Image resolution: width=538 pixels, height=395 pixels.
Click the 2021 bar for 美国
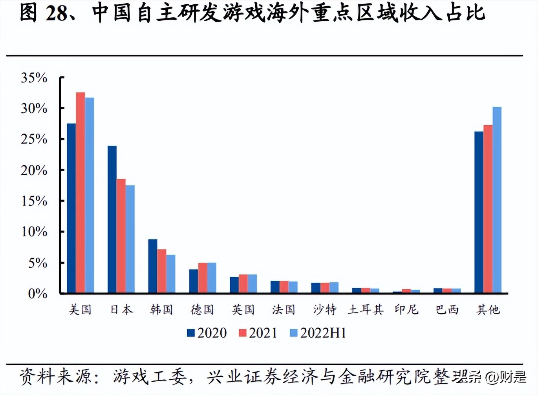coord(81,192)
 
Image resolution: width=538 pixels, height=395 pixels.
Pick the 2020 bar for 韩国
coord(153,266)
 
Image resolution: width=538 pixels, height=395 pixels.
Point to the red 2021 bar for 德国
coord(203,278)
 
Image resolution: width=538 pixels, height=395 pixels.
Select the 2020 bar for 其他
coord(479,212)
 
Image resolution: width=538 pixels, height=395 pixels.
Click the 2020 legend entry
coord(207,333)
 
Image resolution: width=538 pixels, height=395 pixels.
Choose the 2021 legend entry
coord(258,333)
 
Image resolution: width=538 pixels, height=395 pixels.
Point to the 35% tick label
coord(34,78)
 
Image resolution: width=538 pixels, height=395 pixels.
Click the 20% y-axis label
coord(34,170)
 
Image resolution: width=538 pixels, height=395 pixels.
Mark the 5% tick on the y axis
coord(37,263)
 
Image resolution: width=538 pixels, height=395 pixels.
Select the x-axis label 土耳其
coord(366,310)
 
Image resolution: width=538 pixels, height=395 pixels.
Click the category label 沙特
coord(325,310)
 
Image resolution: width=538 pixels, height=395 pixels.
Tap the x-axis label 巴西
coord(447,310)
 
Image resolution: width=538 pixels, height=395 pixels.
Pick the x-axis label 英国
coord(243,310)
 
